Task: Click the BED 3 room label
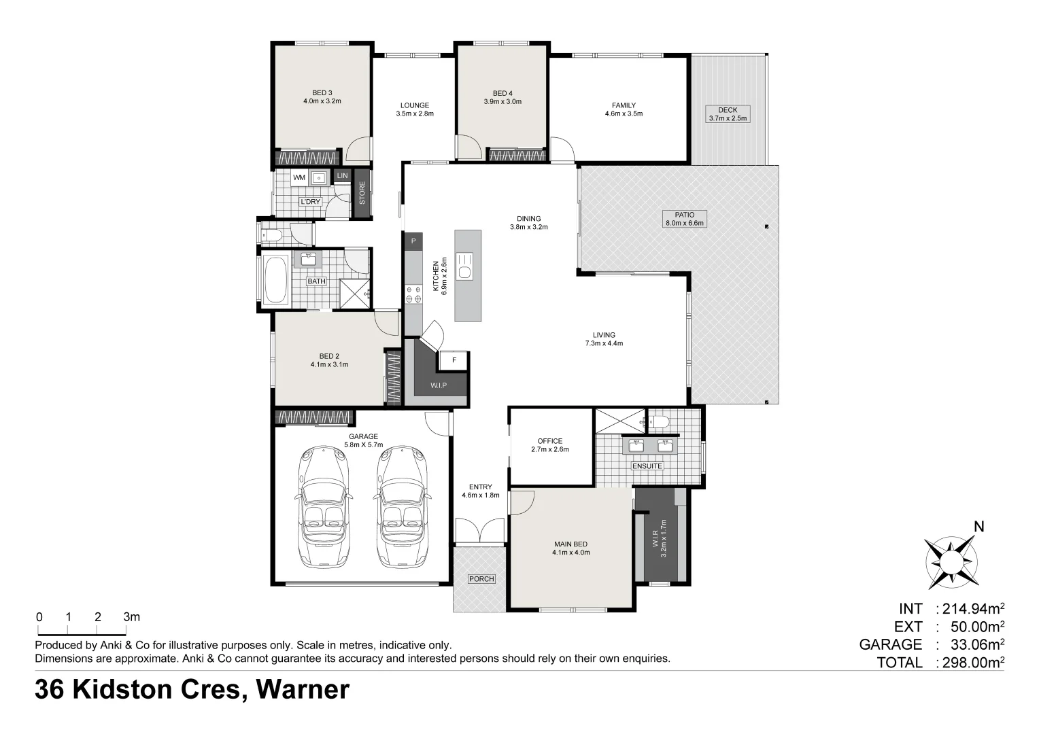322,92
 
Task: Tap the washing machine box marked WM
299,177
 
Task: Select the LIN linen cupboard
342,176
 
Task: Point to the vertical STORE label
362,193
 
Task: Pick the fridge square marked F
454,360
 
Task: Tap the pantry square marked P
413,241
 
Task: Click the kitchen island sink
465,266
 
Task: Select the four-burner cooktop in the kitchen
413,294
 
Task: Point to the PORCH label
481,578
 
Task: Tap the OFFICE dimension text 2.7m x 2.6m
550,449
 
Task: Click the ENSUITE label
647,466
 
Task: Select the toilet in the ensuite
659,421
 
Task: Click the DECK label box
728,114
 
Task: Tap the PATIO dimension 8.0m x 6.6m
685,223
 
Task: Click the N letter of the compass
978,527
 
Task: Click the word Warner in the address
303,690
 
